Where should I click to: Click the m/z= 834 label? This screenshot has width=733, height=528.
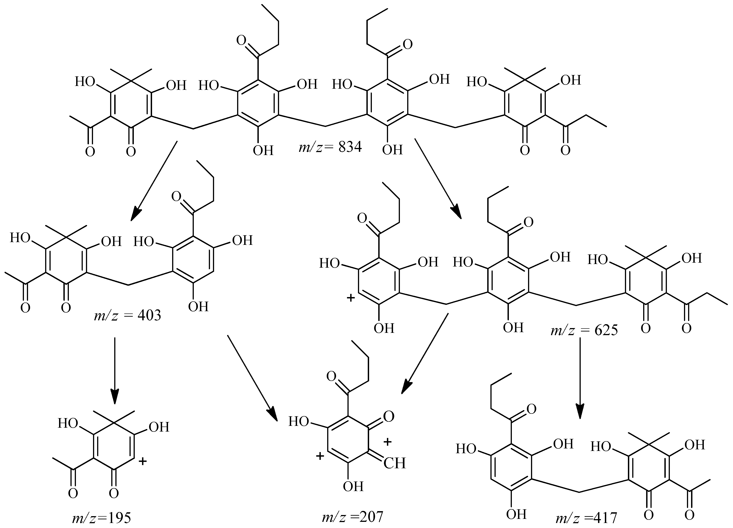(330, 147)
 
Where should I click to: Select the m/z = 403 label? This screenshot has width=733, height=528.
(127, 315)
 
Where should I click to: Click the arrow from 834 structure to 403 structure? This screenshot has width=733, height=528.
(154, 181)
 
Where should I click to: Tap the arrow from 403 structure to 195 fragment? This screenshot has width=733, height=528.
(115, 371)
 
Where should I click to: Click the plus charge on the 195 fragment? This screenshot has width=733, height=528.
(142, 461)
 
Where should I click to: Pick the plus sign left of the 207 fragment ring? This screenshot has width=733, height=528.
(320, 456)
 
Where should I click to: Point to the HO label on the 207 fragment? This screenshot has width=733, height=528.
(299, 422)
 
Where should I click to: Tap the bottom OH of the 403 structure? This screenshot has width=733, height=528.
(198, 306)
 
